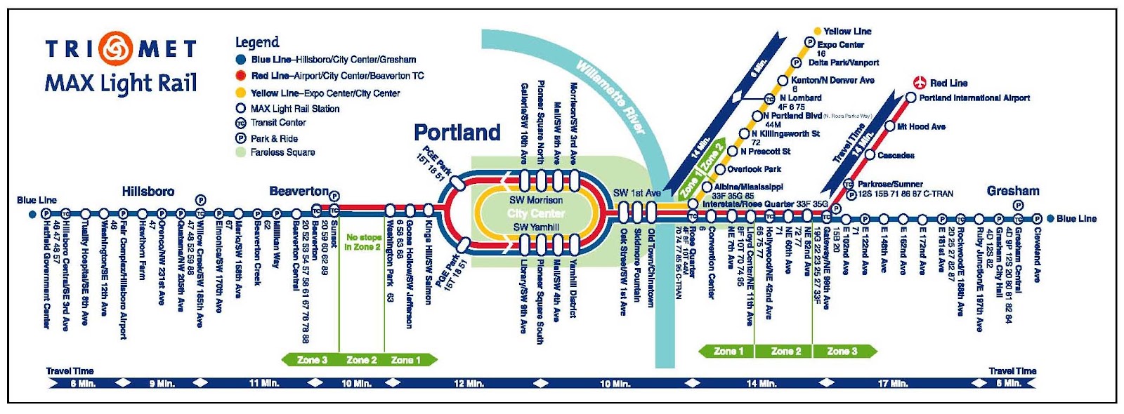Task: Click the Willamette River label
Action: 610,96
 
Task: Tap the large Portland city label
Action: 457,132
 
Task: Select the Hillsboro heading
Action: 148,191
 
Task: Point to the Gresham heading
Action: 1012,191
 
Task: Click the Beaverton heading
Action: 299,191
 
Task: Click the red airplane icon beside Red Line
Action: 920,83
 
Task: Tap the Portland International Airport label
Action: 974,98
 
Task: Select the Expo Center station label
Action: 840,44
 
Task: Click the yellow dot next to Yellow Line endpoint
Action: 817,32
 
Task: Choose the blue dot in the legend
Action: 241,60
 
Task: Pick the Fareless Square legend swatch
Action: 241,152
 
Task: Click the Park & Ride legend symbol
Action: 241,138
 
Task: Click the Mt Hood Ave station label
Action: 921,127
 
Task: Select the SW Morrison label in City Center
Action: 536,200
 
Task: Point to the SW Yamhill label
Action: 536,227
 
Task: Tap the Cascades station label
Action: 896,155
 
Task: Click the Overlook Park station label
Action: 754,169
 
